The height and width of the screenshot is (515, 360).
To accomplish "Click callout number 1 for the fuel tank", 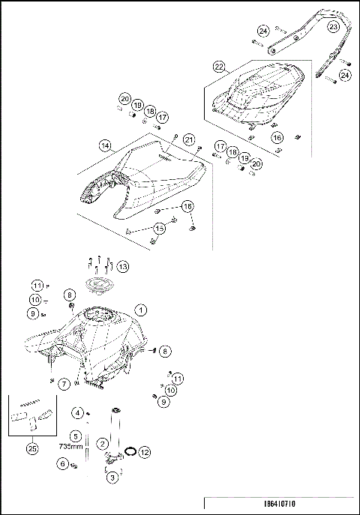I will [139, 309].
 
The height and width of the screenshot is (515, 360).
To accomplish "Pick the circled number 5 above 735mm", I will [76, 435].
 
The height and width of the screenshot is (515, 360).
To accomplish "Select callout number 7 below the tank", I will [64, 384].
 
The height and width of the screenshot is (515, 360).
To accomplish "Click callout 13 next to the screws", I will [121, 266].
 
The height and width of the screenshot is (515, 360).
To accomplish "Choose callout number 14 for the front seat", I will [105, 146].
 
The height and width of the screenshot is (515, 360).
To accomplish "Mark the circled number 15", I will [159, 227].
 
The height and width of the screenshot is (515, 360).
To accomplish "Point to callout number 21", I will [190, 139].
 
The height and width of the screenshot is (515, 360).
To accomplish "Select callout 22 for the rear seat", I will [219, 67].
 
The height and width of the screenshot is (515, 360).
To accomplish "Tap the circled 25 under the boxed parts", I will [31, 448].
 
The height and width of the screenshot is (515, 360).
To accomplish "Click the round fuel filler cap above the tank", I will [97, 285].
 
